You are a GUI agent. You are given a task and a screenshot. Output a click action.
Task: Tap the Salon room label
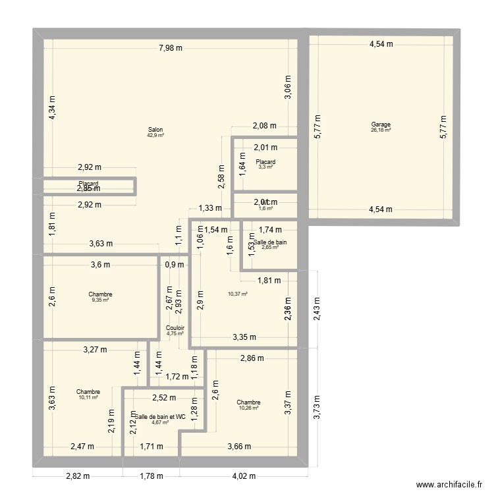click(155, 130)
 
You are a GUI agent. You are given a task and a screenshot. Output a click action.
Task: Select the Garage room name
click(381, 124)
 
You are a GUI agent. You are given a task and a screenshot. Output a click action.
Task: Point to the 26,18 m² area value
click(381, 130)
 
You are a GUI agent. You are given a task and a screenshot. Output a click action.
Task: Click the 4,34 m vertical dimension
click(53, 107)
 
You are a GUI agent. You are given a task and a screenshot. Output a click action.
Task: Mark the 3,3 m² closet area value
click(265, 167)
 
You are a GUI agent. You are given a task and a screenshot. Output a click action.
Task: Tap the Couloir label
click(175, 327)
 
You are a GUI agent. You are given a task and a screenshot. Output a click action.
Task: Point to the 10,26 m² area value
click(248, 408)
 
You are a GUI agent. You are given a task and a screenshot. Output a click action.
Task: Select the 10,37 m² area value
click(237, 294)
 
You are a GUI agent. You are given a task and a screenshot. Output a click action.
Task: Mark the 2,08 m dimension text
click(264, 126)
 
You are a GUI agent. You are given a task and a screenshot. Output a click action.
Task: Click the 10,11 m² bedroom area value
click(88, 397)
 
